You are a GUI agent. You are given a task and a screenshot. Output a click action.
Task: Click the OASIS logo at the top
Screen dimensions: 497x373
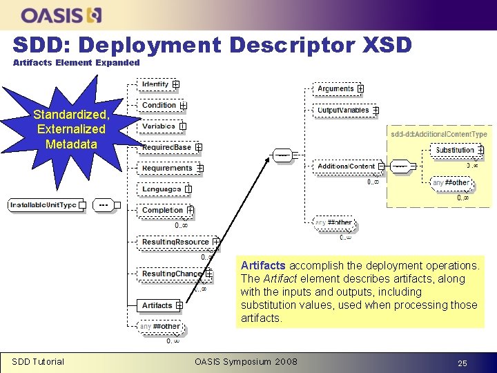coord(61,15)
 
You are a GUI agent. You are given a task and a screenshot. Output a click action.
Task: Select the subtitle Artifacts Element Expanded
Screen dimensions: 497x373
coord(77,63)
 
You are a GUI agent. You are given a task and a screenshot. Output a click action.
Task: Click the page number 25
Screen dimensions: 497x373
coord(462,362)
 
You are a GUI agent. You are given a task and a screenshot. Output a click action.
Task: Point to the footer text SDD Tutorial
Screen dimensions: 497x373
coord(38,361)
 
